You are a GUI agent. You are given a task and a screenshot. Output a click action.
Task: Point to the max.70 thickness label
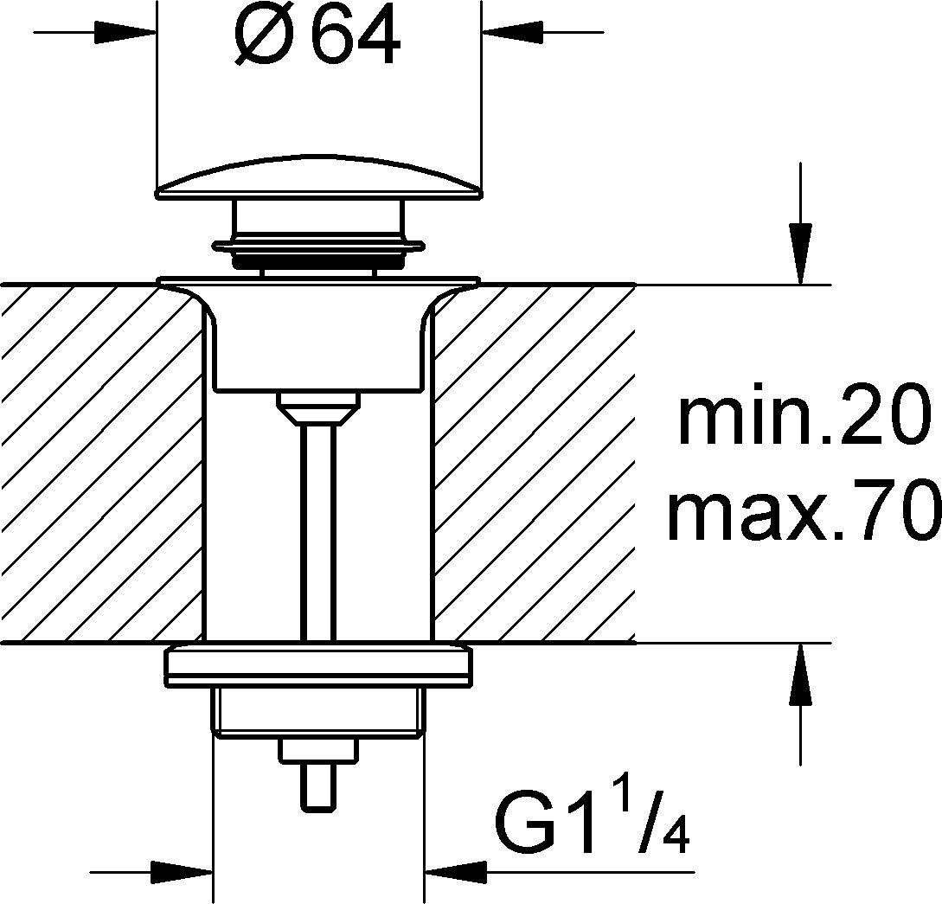pyautogui.click(x=804, y=510)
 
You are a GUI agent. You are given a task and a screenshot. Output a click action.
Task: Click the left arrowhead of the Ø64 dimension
pyautogui.click(x=125, y=32)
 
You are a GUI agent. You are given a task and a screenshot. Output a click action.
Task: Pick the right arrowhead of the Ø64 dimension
pyautogui.click(x=512, y=32)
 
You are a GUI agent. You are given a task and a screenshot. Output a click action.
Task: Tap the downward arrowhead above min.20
pyautogui.click(x=800, y=253)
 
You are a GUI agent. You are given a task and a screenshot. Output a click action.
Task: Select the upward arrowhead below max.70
pyautogui.click(x=800, y=673)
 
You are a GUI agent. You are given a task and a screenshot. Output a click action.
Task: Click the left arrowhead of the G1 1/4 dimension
pyautogui.click(x=182, y=872)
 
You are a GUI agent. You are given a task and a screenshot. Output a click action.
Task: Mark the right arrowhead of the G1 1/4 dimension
pyautogui.click(x=455, y=872)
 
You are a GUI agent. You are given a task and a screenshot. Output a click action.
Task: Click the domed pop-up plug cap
pyautogui.click(x=318, y=177)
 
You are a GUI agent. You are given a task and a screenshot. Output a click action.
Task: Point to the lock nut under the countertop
pyautogui.click(x=318, y=665)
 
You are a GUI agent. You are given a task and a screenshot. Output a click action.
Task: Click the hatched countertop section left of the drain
pyautogui.click(x=102, y=463)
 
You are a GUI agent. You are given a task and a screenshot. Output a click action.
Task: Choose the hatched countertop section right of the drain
pyautogui.click(x=534, y=463)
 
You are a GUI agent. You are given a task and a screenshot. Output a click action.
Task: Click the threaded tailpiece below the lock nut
pyautogui.click(x=318, y=713)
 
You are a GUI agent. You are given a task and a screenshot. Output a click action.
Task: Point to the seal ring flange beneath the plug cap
pyautogui.click(x=318, y=246)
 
